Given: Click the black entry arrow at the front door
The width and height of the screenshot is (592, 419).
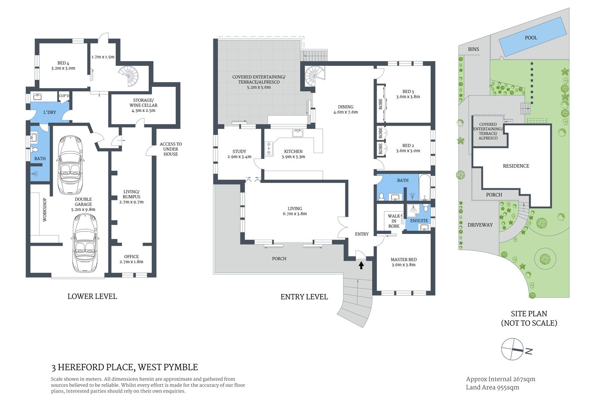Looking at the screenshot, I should pyautogui.click(x=361, y=264).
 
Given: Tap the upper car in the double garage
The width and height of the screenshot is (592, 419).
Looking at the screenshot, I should pyautogui.click(x=70, y=165).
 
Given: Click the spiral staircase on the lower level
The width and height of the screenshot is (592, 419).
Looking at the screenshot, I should pyautogui.click(x=128, y=76).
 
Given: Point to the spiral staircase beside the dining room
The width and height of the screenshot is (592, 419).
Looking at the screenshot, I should pyautogui.click(x=315, y=76).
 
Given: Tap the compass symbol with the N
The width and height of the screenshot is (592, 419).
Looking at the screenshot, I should pyautogui.click(x=513, y=350).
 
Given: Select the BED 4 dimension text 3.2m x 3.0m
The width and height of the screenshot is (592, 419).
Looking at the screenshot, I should pyautogui.click(x=63, y=69).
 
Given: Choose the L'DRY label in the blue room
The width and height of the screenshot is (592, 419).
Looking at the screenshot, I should pyautogui.click(x=50, y=112).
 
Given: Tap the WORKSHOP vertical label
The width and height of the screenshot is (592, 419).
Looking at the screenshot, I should pyautogui.click(x=44, y=210).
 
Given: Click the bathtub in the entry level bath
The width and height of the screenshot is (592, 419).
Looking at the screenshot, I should pyautogui.click(x=424, y=187).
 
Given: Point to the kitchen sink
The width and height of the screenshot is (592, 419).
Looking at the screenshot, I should pyautogui.click(x=298, y=133).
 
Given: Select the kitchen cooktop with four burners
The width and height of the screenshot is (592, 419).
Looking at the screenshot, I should pyautogui.click(x=269, y=148).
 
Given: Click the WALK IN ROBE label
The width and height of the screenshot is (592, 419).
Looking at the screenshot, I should pyautogui.click(x=394, y=221).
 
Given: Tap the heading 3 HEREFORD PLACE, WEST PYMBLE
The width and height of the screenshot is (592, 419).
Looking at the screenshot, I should pyautogui.click(x=125, y=367).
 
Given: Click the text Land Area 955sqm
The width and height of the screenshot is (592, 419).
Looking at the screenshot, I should pyautogui.click(x=492, y=388).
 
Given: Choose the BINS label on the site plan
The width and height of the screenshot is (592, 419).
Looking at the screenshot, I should pyautogui.click(x=473, y=49).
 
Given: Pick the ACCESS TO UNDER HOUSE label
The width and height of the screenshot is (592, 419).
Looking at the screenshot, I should pyautogui.click(x=171, y=149).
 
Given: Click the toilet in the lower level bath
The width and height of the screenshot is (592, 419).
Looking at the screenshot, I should pyautogui.click(x=34, y=151).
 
